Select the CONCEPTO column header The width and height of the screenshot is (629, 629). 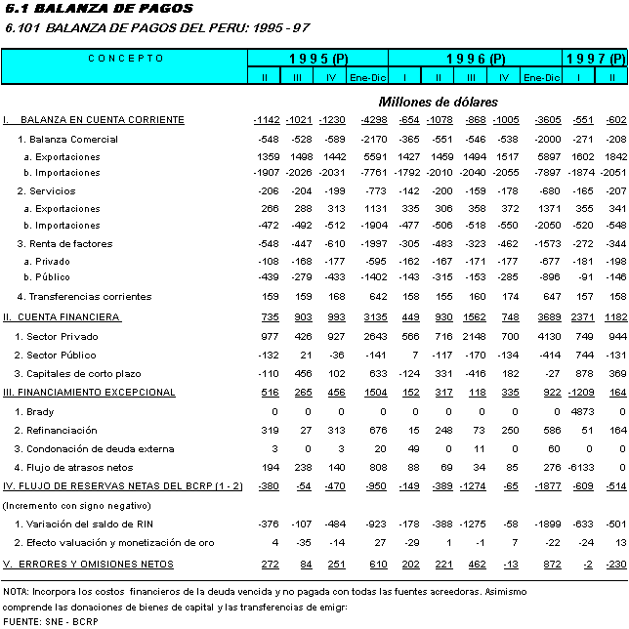pos(126,59)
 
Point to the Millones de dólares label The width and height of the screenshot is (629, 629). pos(439,102)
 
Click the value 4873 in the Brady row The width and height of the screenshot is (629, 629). pos(582,412)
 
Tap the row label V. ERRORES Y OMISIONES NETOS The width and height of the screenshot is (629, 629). pos(89,565)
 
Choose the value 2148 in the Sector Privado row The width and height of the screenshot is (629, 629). pos(473,336)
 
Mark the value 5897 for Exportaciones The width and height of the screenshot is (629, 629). pos(542,156)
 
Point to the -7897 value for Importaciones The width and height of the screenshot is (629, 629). pos(540,174)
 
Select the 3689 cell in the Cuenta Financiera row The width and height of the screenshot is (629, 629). pos(542,317)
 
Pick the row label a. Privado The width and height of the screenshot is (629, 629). pos(48,263)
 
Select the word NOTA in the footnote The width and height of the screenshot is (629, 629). pos(16,592)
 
